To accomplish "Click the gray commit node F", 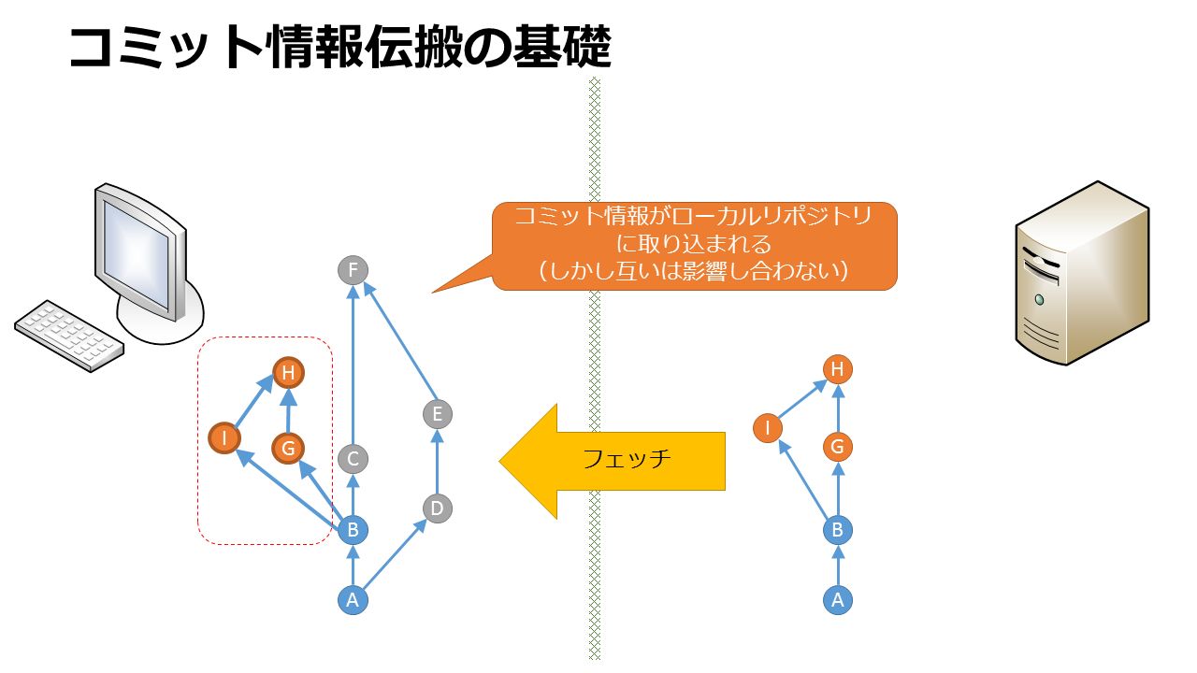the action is point(353,270).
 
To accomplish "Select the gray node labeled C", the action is point(353,459).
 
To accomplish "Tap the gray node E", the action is point(437,414).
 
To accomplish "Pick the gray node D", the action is point(437,508).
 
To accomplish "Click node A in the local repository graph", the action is point(353,600).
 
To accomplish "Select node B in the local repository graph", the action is point(353,530).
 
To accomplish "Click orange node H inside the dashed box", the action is point(289,372).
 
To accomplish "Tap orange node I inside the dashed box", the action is point(224,438).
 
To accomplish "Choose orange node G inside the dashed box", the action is point(288,448).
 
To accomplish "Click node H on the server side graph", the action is point(837,369).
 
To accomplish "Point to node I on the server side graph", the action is point(768,428).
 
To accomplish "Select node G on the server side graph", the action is point(837,447).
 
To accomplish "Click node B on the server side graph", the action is point(837,530).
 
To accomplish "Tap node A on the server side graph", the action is point(837,600).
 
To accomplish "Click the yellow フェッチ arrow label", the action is point(627,459).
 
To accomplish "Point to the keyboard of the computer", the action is point(69,336).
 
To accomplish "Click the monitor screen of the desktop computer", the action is point(136,253).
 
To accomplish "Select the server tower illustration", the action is point(1082,273).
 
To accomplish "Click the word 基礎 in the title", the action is point(561,47).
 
